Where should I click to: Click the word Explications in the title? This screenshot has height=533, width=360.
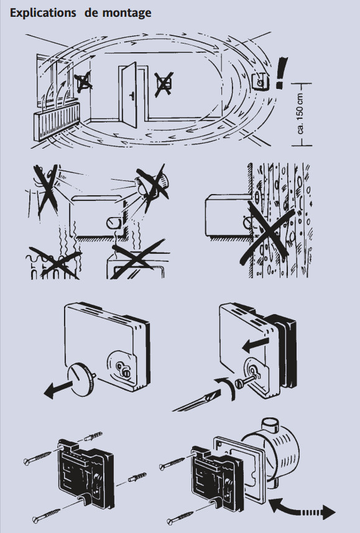click(x=43, y=13)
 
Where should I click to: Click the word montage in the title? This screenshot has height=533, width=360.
click(x=127, y=14)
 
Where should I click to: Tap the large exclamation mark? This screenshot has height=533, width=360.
click(x=281, y=73)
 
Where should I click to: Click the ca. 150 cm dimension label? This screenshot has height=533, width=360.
click(x=300, y=114)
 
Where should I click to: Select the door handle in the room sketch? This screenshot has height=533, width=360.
click(x=132, y=96)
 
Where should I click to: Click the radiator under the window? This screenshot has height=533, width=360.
click(x=57, y=121)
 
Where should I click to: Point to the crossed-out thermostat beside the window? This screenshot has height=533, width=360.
click(x=83, y=82)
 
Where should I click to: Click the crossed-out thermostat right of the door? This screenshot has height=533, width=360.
click(x=164, y=83)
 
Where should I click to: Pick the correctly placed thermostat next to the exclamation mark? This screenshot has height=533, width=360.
click(x=261, y=81)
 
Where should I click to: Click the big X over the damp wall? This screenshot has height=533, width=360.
click(x=267, y=232)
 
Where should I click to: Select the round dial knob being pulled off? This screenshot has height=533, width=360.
click(x=81, y=379)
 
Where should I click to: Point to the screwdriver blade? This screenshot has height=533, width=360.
click(x=196, y=402)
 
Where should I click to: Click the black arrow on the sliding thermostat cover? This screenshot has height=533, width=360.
click(x=256, y=345)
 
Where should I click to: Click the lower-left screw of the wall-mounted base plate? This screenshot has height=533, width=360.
click(x=46, y=516)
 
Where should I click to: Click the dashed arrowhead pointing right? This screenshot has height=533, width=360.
click(x=329, y=512)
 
